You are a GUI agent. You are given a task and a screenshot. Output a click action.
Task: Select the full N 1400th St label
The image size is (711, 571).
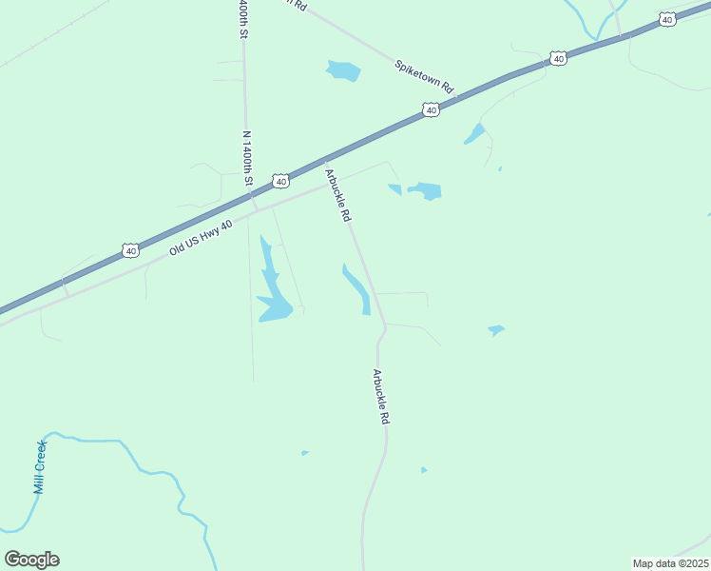(x=249, y=159)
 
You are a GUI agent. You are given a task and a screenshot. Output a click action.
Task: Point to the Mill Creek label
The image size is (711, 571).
(x=40, y=466)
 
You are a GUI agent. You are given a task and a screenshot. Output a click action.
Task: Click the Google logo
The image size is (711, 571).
(x=31, y=560)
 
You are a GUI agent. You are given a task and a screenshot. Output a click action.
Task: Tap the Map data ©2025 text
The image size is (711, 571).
(x=670, y=563)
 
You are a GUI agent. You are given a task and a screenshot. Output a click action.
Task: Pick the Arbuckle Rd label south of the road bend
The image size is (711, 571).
(x=381, y=397)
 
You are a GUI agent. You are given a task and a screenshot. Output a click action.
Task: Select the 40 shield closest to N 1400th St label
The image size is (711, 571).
(x=279, y=180)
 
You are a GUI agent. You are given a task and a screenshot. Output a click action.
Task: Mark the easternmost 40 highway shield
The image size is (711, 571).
(x=667, y=19)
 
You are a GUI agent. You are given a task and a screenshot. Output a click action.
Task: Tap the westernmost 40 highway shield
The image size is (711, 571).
(x=130, y=250)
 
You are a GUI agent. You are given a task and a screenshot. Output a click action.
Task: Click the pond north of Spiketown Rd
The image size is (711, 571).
(x=343, y=70)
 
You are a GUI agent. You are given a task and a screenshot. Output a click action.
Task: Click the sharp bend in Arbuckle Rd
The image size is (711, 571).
(x=385, y=327)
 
